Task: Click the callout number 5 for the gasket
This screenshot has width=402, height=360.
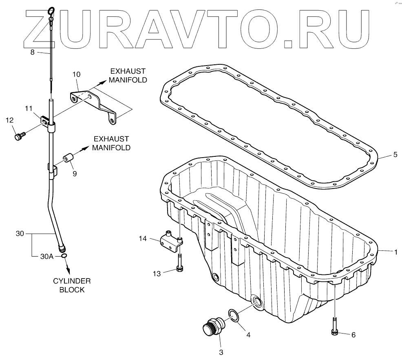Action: pos(395,155)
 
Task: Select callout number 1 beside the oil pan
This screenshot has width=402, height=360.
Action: pos(395,252)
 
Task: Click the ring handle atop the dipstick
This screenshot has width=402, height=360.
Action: pos(51,11)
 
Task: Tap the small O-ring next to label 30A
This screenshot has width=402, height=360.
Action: pos(64,256)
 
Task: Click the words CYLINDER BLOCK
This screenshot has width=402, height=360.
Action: pos(72,285)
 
